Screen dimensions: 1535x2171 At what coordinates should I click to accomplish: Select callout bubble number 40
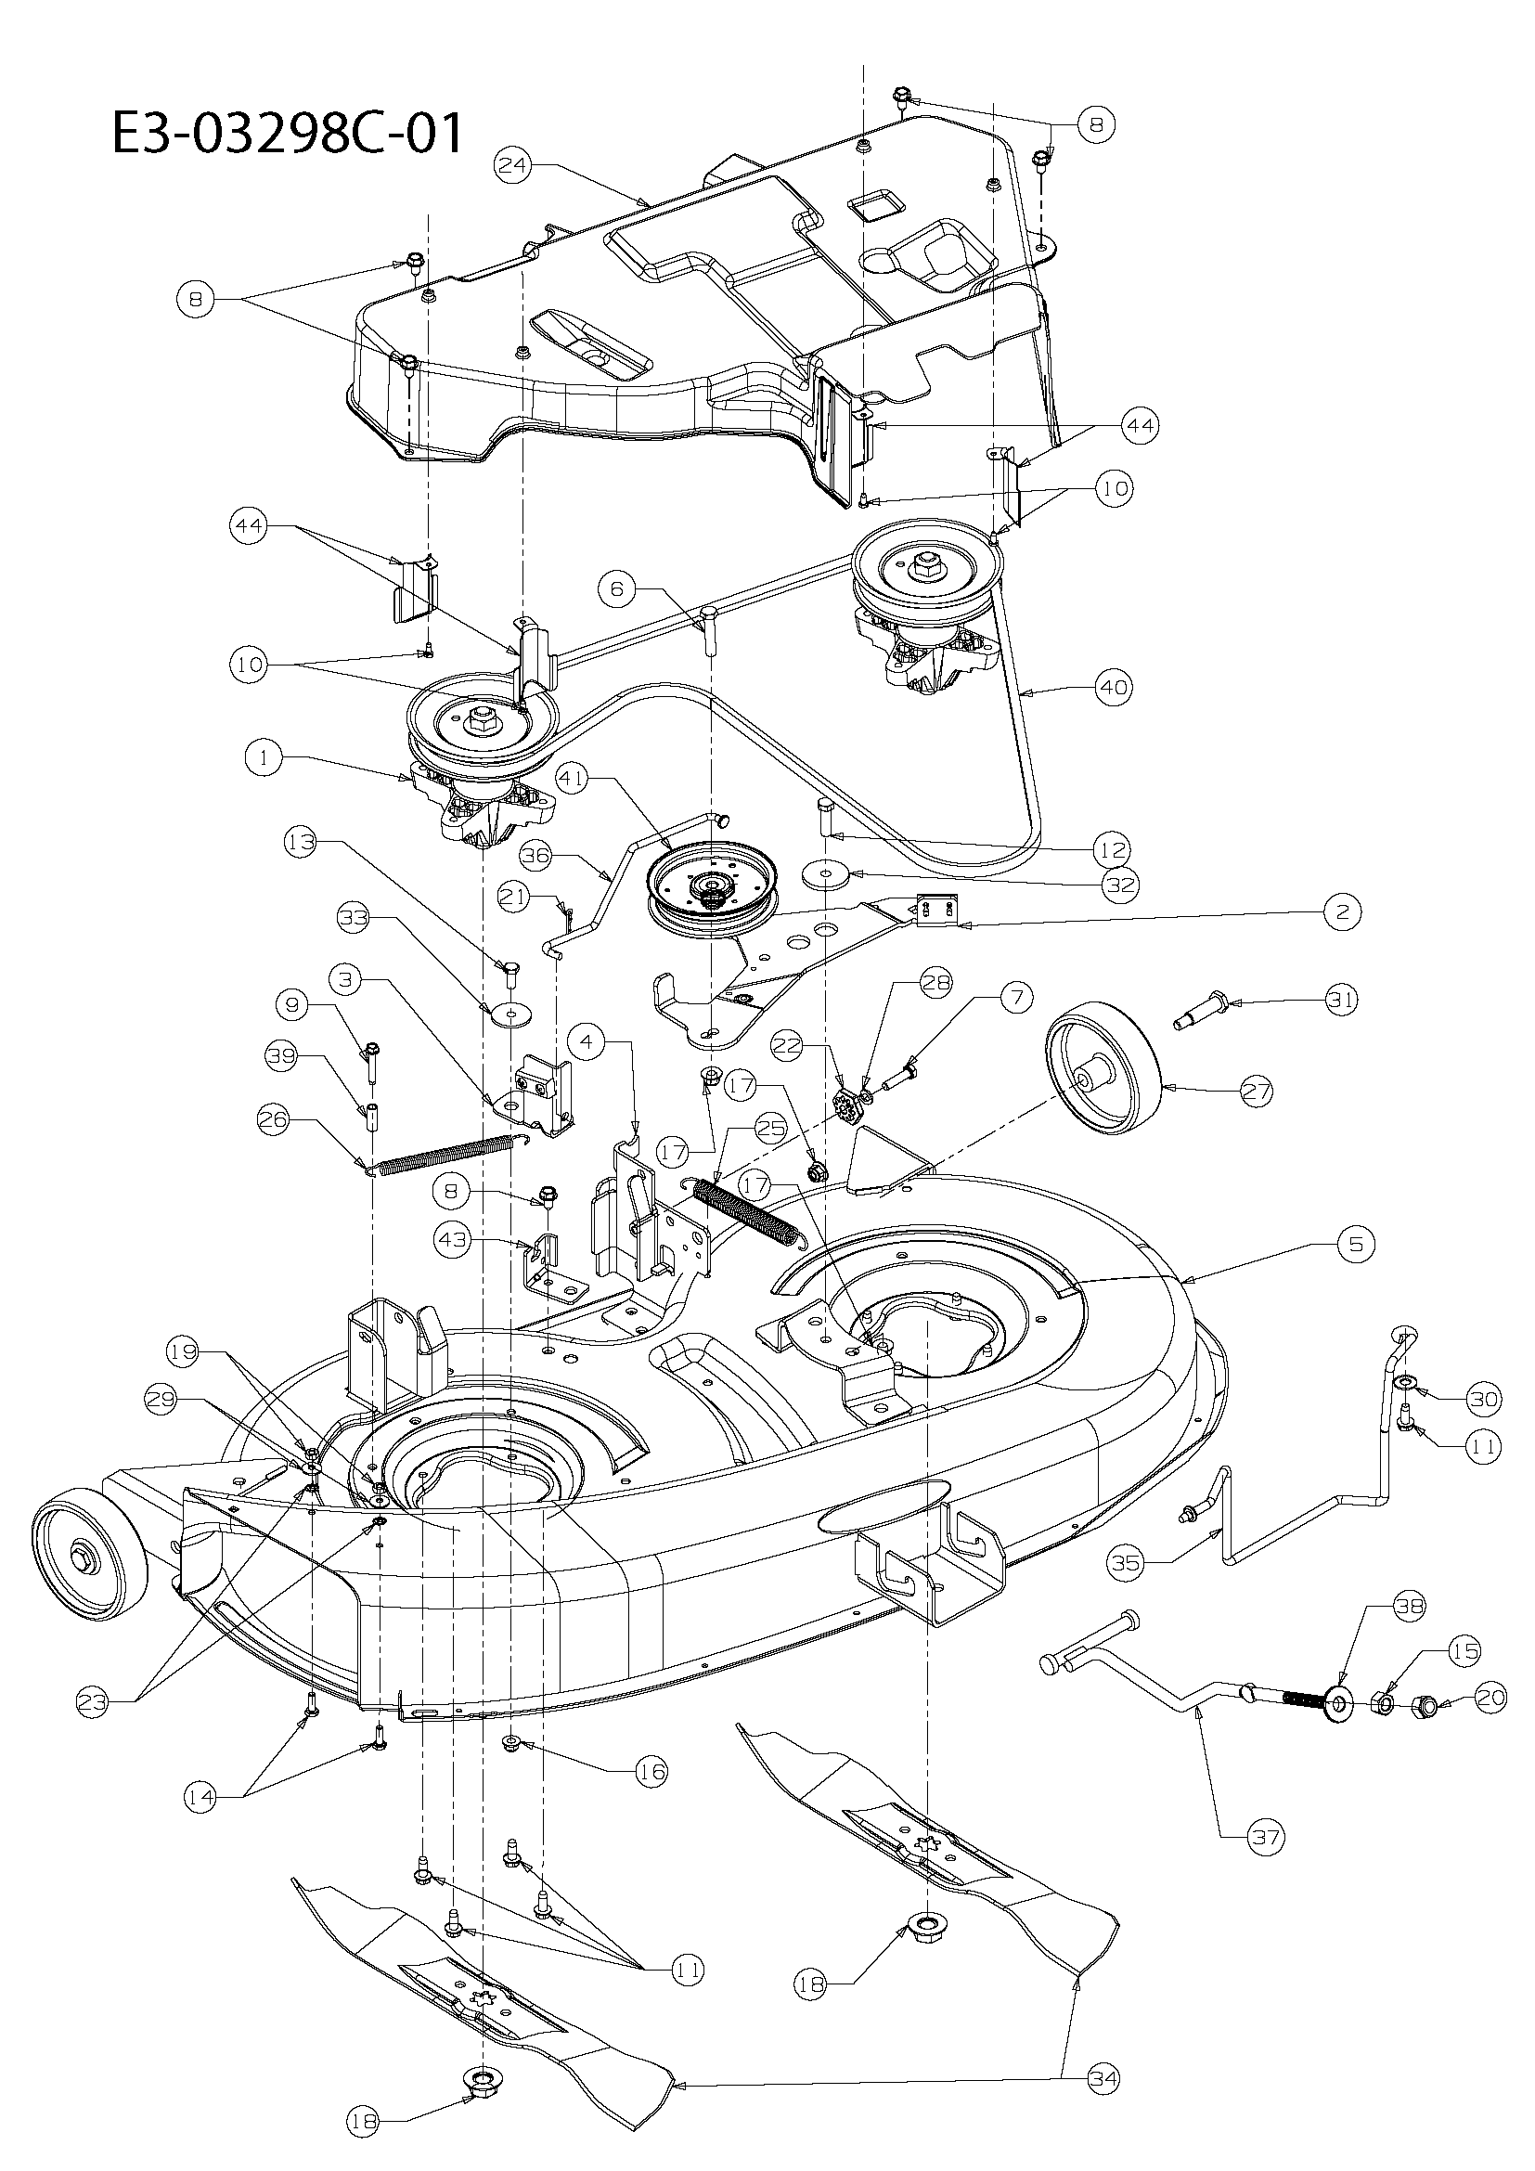[1116, 687]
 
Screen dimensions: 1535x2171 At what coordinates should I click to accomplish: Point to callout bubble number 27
[1257, 1091]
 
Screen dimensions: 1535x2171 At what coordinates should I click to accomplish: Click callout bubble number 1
[264, 758]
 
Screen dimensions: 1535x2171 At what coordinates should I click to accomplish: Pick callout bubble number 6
[616, 588]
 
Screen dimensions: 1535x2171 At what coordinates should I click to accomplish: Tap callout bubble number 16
[651, 1770]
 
